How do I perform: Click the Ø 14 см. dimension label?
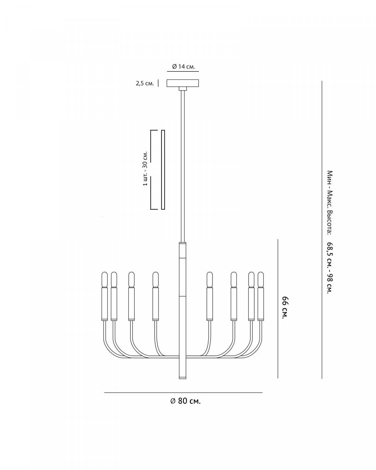(183, 67)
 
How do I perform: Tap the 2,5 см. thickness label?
(145, 83)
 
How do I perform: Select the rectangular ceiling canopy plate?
(183, 83)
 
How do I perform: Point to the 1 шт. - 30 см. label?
(145, 168)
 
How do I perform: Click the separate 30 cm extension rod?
(163, 170)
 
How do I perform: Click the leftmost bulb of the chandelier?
(105, 279)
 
